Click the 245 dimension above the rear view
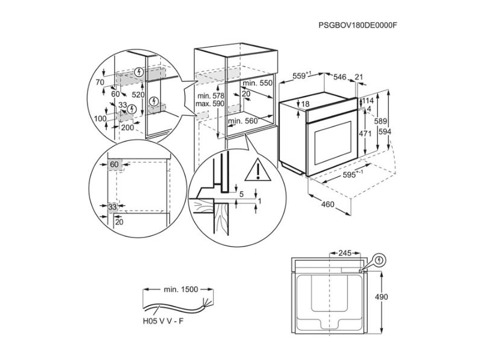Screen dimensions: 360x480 point(344,253)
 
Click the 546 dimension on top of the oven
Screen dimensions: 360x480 point(340,77)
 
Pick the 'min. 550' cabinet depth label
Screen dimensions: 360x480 point(259,83)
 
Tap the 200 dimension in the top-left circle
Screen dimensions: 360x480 point(127,128)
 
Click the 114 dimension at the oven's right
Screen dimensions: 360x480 point(368,100)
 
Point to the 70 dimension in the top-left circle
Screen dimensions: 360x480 point(100,82)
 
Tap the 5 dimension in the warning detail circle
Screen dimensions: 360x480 point(241,194)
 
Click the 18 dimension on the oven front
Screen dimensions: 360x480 point(304,104)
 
